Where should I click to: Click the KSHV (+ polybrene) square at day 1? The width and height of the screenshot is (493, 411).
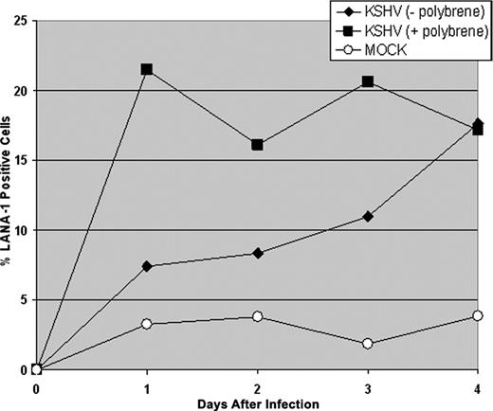(x=147, y=70)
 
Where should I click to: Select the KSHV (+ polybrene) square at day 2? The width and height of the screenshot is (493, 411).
(x=258, y=145)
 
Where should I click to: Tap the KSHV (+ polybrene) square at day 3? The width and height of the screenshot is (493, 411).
(x=368, y=82)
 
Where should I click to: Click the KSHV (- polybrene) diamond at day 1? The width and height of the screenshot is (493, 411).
(x=147, y=266)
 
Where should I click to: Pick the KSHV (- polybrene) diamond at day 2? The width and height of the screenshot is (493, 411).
(x=258, y=253)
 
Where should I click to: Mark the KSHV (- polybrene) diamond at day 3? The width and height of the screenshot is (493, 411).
(x=368, y=217)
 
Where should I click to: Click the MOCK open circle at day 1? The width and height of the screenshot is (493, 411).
(x=147, y=324)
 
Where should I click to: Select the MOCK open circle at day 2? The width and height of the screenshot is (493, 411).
(x=258, y=316)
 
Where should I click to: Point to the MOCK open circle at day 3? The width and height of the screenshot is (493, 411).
(x=368, y=343)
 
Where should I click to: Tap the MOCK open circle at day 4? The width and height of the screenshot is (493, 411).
(x=478, y=315)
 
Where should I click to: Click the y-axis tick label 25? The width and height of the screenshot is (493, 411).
(x=22, y=21)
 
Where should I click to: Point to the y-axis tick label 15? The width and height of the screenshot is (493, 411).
(x=22, y=160)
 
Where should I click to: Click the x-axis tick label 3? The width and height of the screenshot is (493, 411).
(x=368, y=387)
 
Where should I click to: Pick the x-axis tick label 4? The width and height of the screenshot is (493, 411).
(x=478, y=387)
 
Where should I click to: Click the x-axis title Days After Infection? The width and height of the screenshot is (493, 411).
(x=258, y=403)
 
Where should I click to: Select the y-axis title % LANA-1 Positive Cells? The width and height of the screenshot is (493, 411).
(x=9, y=194)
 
